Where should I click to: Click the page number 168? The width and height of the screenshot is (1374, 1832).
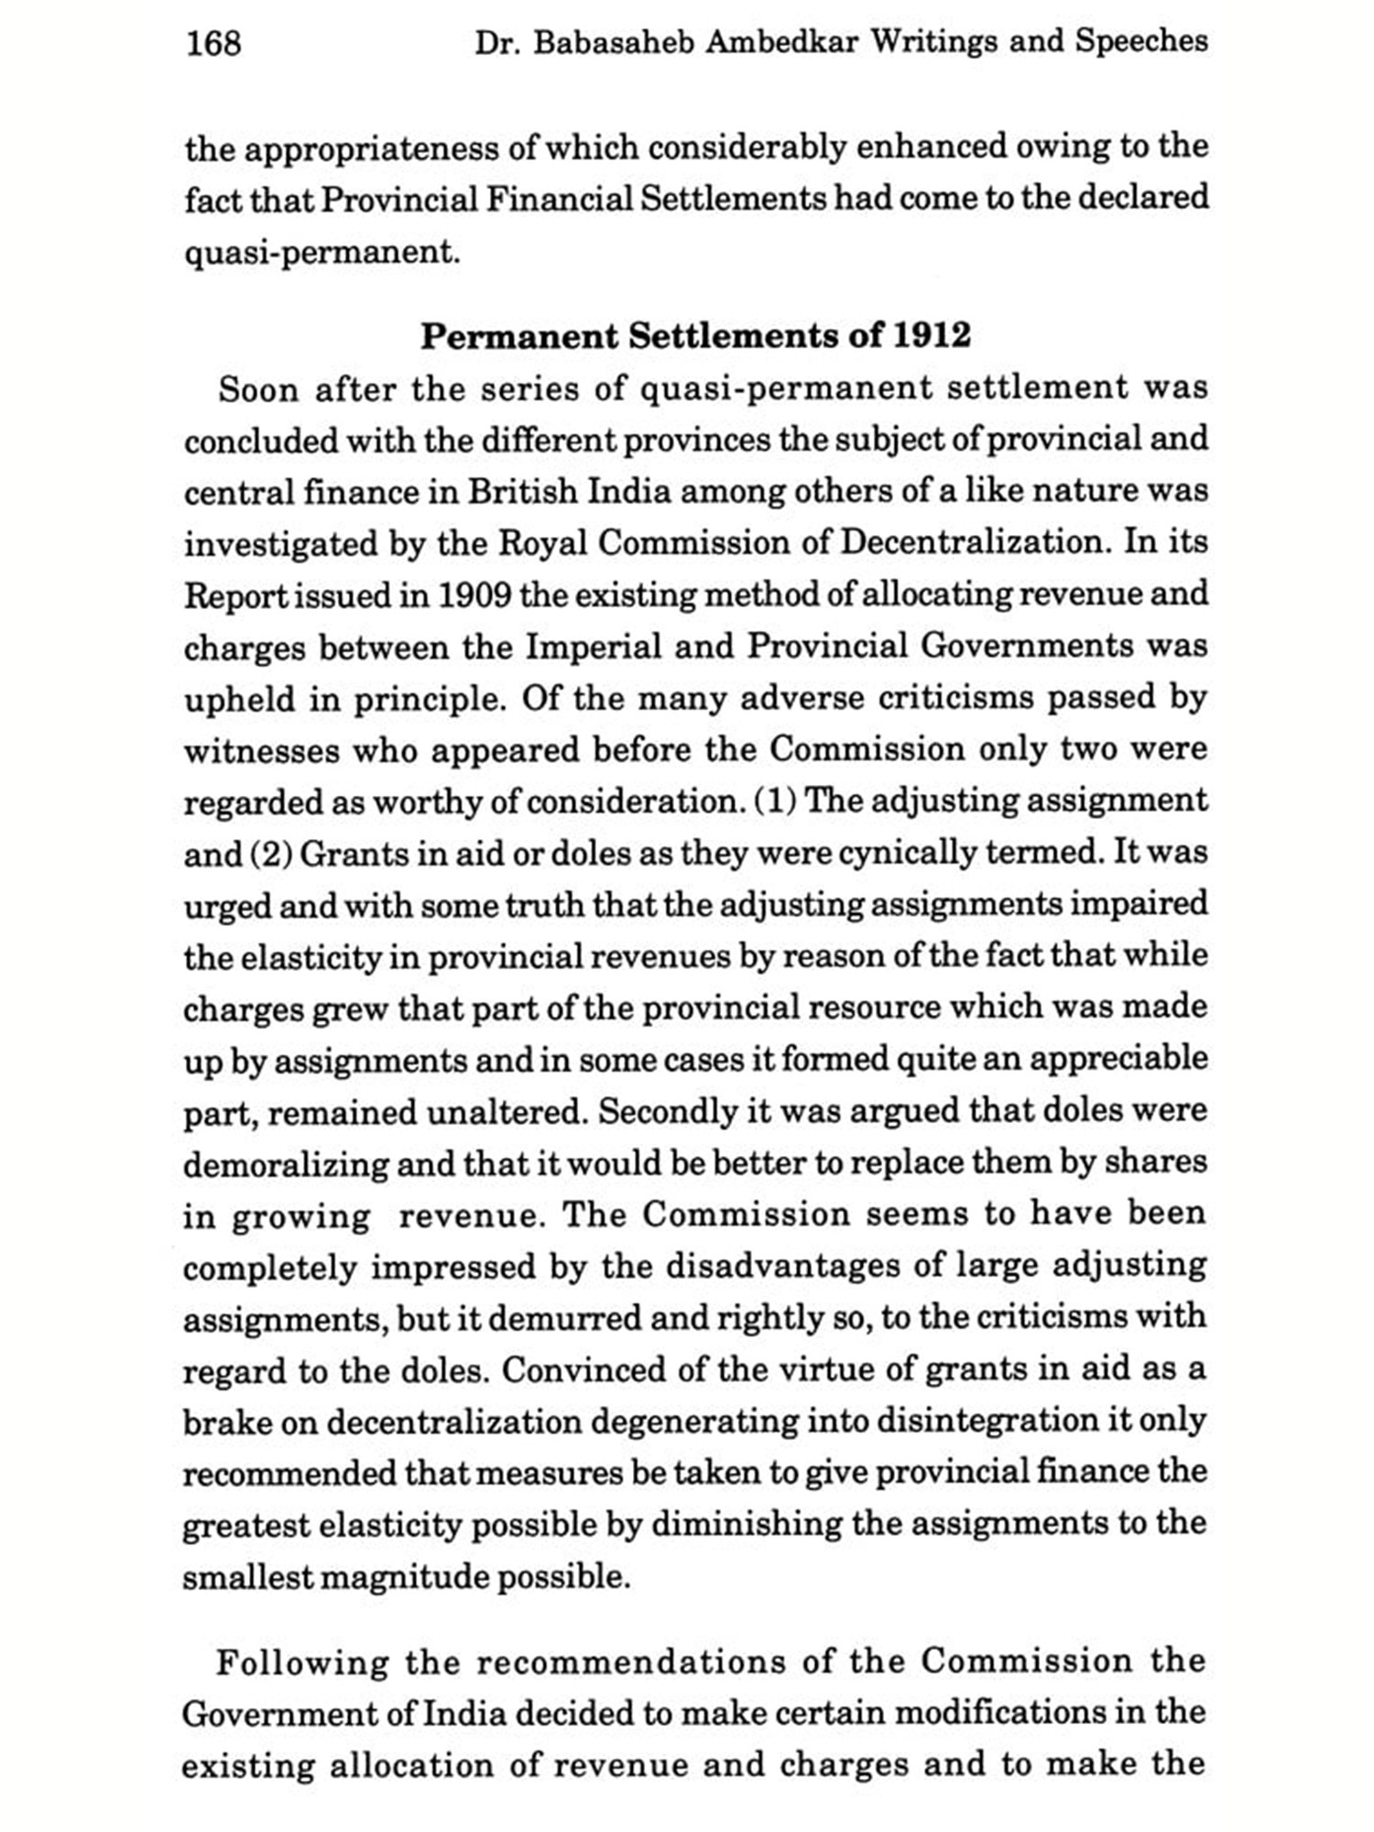213,43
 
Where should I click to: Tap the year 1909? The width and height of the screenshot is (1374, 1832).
474,595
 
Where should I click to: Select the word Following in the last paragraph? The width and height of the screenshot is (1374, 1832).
302,1663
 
